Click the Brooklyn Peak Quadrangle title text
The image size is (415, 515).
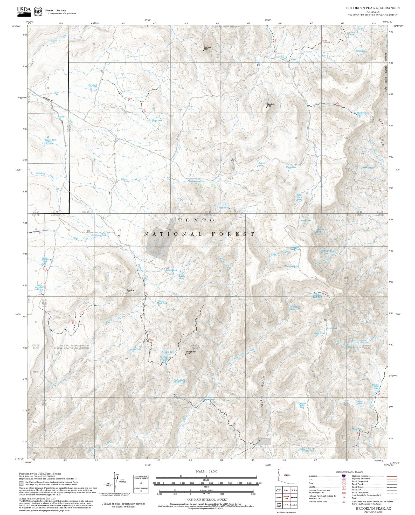click(x=373, y=8)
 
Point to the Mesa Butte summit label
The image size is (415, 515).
click(x=271, y=105)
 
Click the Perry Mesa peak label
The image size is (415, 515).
click(x=130, y=291)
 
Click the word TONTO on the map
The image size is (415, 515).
click(x=197, y=220)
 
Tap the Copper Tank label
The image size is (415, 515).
click(x=51, y=140)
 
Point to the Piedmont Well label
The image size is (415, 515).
click(x=195, y=181)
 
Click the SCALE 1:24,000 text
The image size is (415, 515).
click(x=206, y=471)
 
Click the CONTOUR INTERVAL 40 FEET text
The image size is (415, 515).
click(x=207, y=499)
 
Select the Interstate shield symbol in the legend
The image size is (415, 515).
click(x=344, y=476)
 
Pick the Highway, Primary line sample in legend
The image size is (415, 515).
click(x=392, y=476)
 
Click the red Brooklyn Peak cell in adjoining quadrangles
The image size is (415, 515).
click(x=286, y=497)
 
